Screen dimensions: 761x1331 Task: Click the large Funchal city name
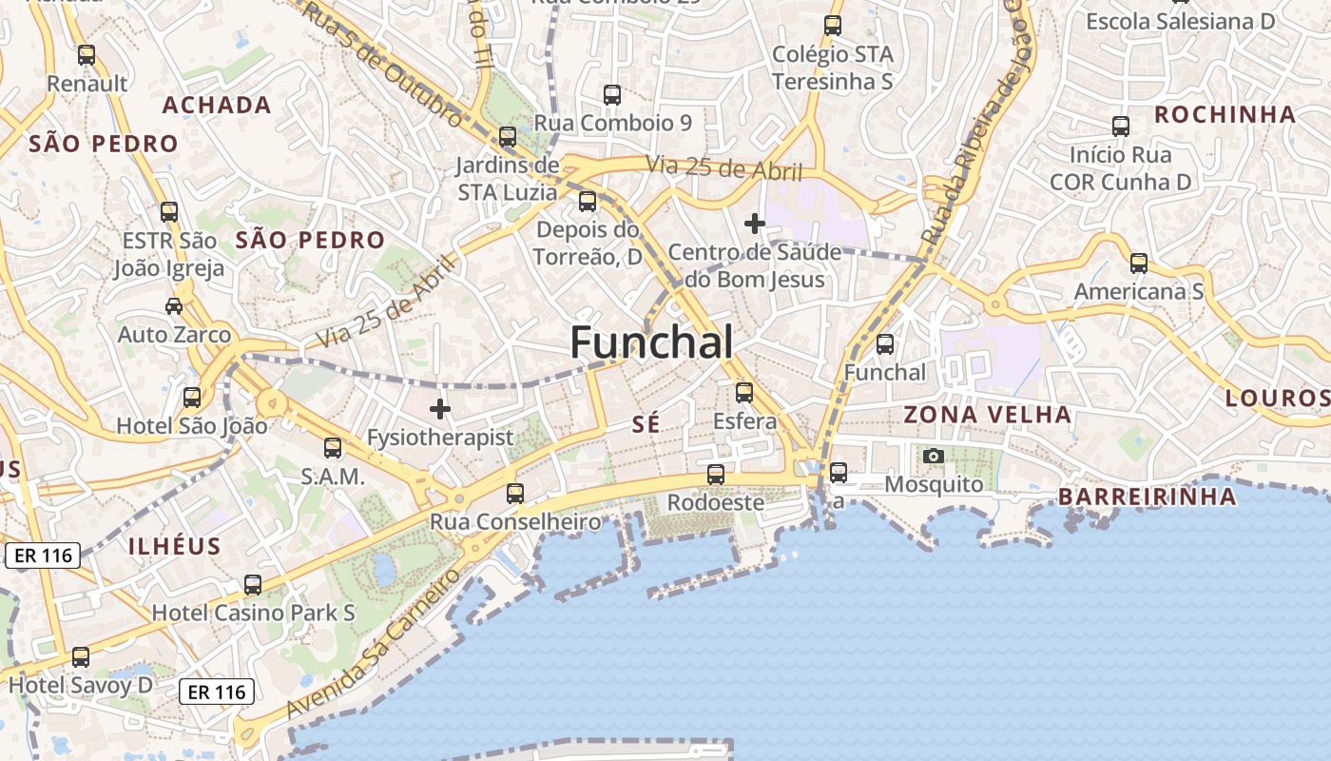click(x=651, y=342)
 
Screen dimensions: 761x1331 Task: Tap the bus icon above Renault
click(x=87, y=55)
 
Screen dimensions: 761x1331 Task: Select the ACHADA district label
click(x=217, y=105)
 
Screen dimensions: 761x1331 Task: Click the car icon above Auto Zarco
click(x=174, y=305)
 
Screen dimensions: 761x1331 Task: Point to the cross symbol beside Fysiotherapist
click(x=439, y=409)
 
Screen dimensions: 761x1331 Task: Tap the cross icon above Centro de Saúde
click(x=755, y=224)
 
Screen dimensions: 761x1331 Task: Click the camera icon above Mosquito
click(x=934, y=456)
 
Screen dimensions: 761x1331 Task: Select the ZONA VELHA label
click(x=987, y=415)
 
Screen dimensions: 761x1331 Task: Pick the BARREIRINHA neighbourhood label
click(x=1148, y=497)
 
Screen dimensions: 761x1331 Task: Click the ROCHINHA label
click(x=1225, y=115)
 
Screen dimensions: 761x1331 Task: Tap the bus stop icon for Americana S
click(x=1138, y=263)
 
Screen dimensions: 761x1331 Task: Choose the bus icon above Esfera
click(x=744, y=392)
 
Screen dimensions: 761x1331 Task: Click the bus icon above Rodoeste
click(x=716, y=474)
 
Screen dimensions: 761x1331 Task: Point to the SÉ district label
click(x=646, y=425)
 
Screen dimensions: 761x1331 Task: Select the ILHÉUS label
click(x=174, y=547)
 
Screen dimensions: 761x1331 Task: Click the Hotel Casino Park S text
click(x=254, y=614)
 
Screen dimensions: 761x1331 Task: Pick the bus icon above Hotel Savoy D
click(x=81, y=656)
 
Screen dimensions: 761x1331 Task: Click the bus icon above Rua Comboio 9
click(x=612, y=95)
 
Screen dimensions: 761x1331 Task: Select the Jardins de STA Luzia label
click(x=507, y=178)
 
